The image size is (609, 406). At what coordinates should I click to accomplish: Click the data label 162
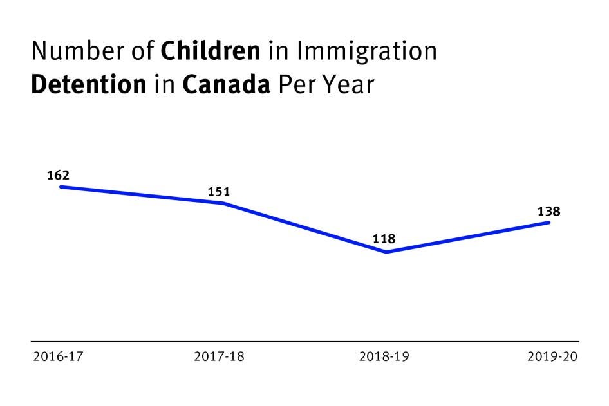(58, 175)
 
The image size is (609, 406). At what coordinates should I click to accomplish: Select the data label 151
(219, 192)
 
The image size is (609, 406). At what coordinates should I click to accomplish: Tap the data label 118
(384, 240)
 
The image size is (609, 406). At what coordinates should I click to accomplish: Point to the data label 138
(549, 211)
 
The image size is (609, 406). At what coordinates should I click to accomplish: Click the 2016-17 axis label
(58, 356)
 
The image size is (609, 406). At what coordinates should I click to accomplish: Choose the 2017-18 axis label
(219, 356)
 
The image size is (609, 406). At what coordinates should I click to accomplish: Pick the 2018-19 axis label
(384, 356)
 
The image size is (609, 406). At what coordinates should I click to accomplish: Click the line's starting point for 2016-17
(61, 187)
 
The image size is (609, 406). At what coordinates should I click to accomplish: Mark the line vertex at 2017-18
(223, 203)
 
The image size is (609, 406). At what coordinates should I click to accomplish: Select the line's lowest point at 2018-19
(386, 252)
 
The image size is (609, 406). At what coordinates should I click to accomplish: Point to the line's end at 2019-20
(548, 223)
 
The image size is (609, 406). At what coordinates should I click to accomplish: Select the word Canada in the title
(226, 85)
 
